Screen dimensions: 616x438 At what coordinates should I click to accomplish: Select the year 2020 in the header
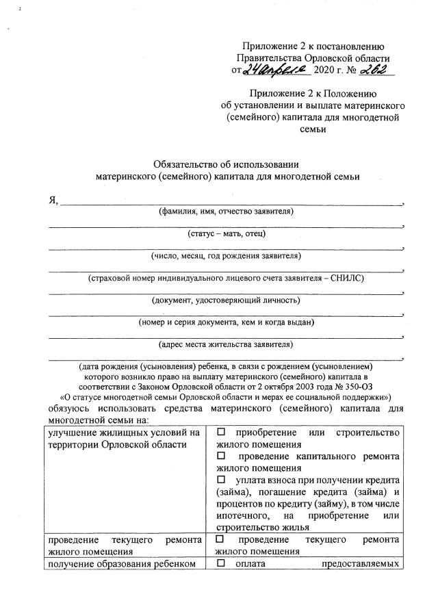pos(326,71)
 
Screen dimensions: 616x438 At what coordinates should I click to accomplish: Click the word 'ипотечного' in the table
pos(240,515)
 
